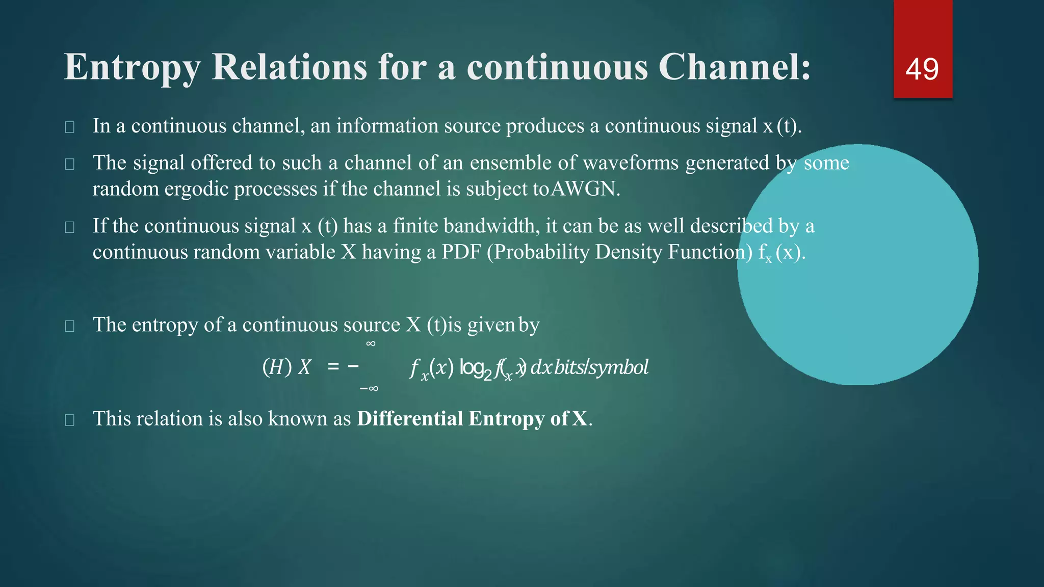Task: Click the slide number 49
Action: click(922, 69)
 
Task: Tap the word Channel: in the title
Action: click(734, 67)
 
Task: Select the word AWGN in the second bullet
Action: click(585, 189)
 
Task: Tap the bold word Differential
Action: click(410, 419)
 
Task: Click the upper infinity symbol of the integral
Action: click(371, 344)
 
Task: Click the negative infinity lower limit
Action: click(369, 389)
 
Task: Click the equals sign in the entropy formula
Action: click(333, 366)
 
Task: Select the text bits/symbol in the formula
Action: click(601, 367)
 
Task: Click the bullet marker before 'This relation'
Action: click(70, 420)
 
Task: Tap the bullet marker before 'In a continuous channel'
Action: click(70, 127)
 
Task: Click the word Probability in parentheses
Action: click(540, 252)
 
